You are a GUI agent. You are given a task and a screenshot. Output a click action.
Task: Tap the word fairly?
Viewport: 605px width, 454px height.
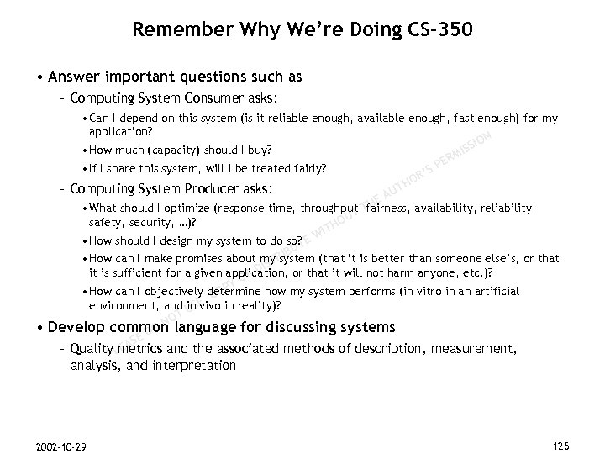[302, 167]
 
